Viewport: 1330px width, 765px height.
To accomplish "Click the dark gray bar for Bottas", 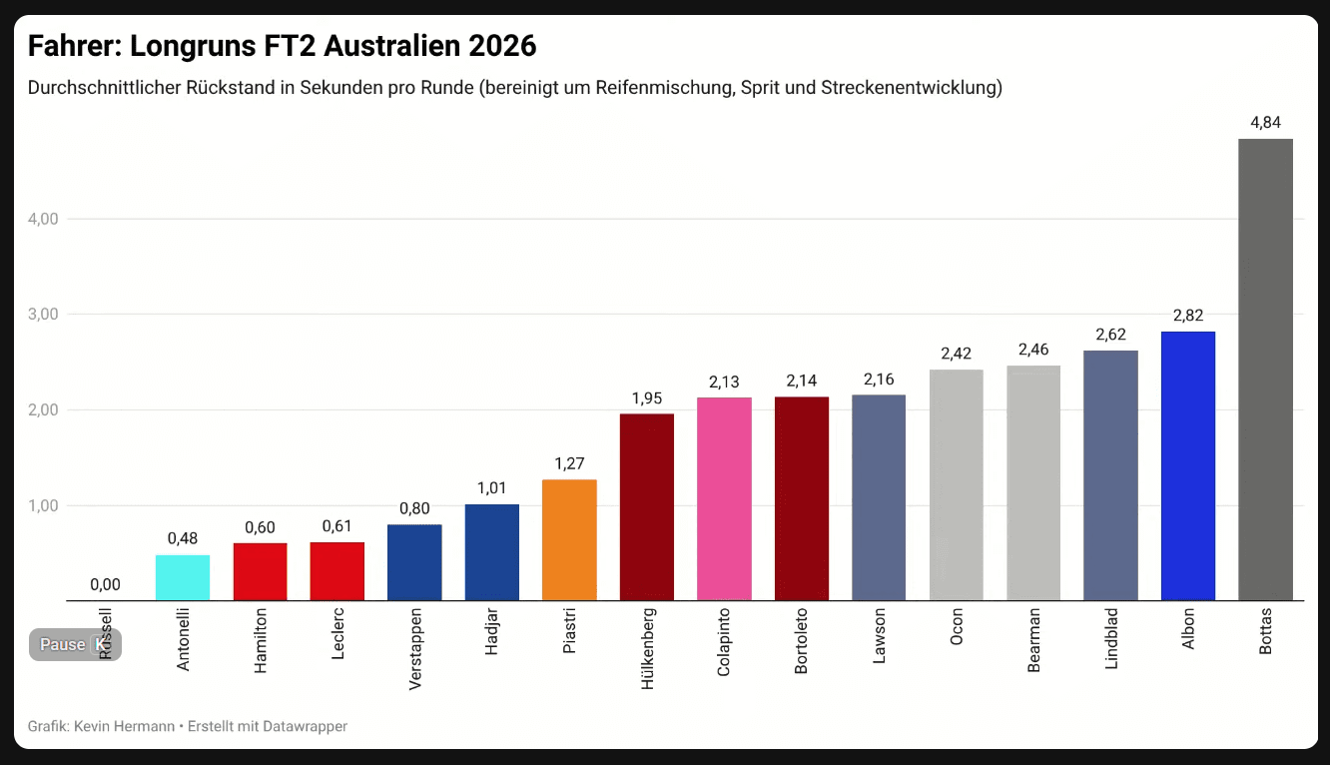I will [x=1265, y=370].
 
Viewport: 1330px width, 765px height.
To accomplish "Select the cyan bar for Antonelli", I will [x=183, y=577].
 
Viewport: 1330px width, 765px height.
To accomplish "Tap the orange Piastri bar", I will [x=569, y=539].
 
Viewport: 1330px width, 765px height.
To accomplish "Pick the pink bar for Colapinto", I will [x=724, y=499].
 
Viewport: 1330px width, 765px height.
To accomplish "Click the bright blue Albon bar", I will [x=1188, y=465].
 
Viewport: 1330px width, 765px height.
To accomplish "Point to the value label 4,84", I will [x=1265, y=123].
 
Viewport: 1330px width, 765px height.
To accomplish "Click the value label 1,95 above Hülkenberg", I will [x=647, y=398].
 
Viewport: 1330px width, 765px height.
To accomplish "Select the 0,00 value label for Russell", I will [x=105, y=585].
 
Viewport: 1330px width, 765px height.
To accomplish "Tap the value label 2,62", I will [x=1110, y=335].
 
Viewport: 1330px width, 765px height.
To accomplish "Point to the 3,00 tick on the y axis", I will [x=43, y=314].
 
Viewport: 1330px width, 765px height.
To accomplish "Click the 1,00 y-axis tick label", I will [x=43, y=505].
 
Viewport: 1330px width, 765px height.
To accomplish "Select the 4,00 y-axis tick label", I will [x=43, y=219].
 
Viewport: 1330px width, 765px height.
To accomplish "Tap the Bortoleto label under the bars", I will [x=801, y=641].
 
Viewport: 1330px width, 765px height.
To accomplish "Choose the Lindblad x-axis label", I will [x=1111, y=638].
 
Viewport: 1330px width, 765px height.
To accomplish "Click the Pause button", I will [x=63, y=645].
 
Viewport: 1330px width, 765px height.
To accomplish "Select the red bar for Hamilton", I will [x=260, y=571].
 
